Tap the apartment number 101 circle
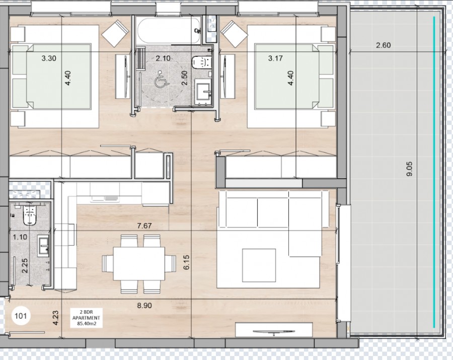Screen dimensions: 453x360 pos(21,316)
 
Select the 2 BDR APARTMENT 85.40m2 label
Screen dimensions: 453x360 pos(86,318)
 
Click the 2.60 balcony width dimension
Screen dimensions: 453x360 pos(383,45)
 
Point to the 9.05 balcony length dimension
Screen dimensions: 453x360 pos(409,169)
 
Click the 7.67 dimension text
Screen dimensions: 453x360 pos(144,226)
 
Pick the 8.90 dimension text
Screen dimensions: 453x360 pos(144,306)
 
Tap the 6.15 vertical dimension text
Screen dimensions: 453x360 pos(186,262)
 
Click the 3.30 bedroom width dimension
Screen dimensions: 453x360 pos(48,58)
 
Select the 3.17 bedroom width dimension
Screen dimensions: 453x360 pos(275,58)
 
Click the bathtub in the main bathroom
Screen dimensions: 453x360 pos(169,30)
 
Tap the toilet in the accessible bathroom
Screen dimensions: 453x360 pos(202,61)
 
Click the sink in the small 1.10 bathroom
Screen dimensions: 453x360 pos(43,246)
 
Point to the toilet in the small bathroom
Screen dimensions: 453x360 pos(30,215)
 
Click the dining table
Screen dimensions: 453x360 pos(139,263)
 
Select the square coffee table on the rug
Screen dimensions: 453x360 pos(259,265)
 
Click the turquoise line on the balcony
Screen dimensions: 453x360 pos(434,172)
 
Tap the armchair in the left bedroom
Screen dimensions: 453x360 pos(115,33)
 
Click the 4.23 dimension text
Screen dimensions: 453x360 pos(55,318)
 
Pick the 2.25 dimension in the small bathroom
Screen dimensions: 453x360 pos(25,265)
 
